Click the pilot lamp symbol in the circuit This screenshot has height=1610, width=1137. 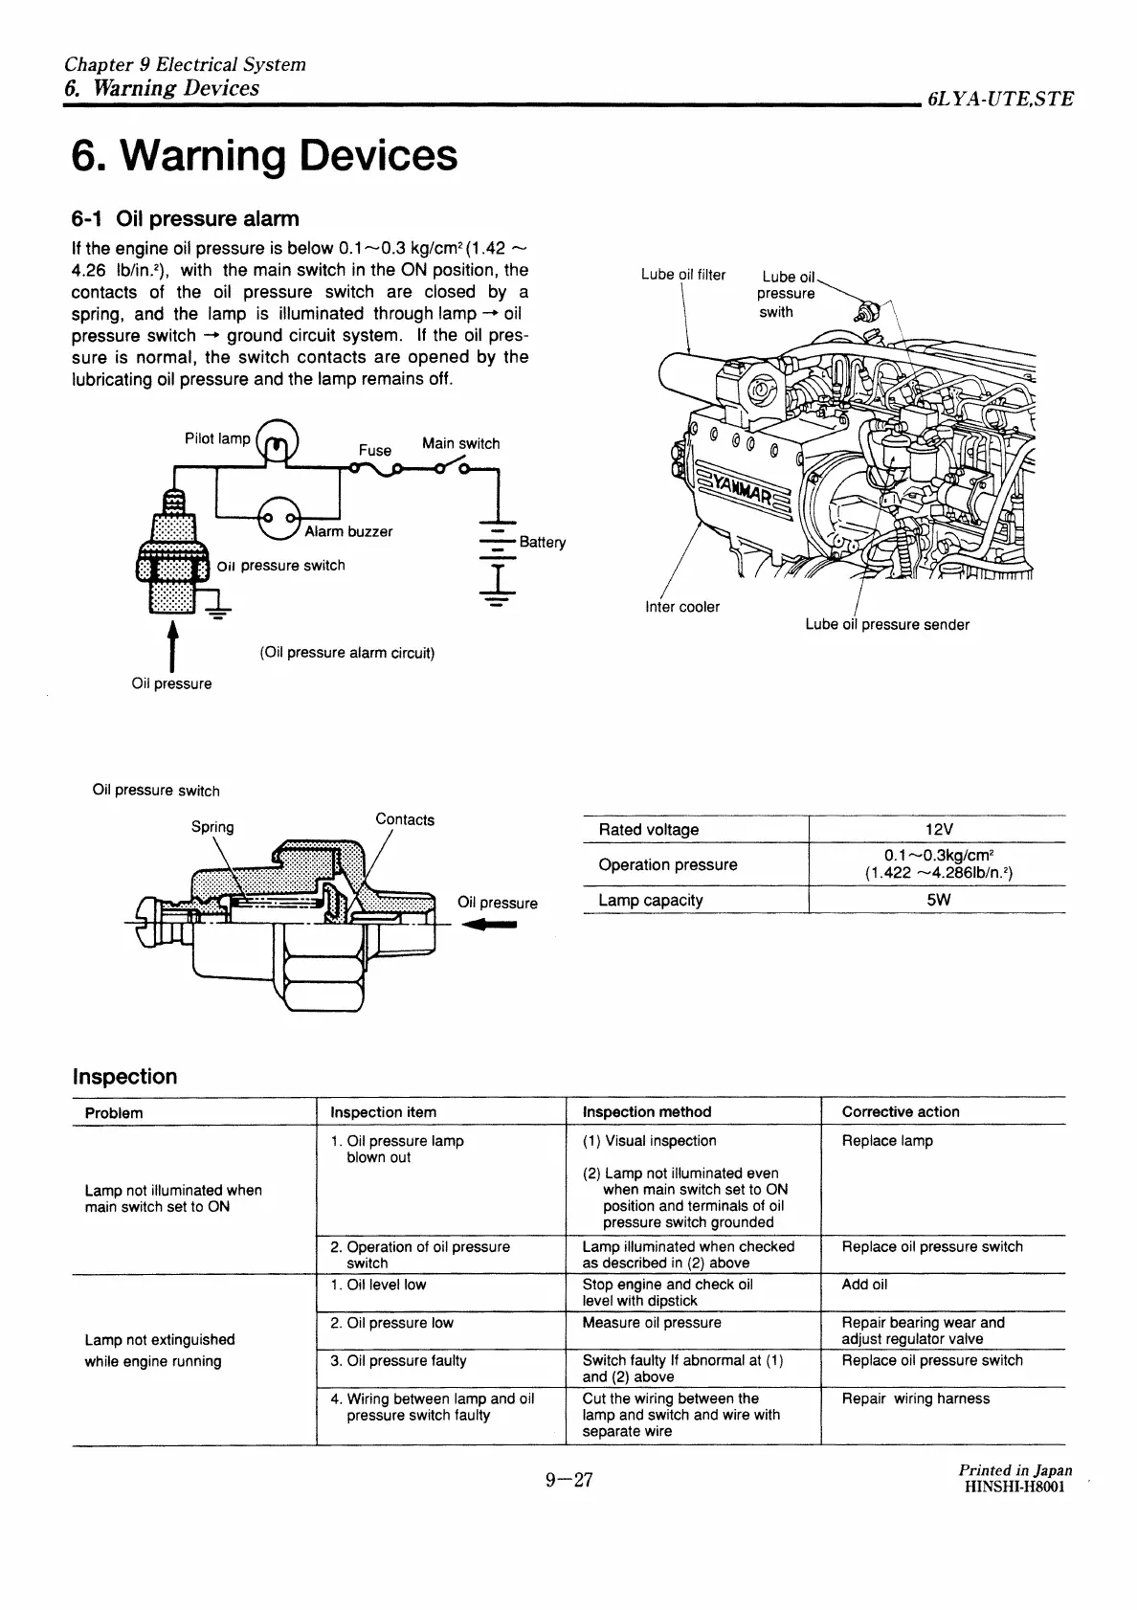coord(279,441)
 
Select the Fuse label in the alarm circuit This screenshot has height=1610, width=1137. coord(375,450)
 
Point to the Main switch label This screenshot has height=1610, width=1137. coord(460,443)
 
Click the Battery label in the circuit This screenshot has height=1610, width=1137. coord(543,542)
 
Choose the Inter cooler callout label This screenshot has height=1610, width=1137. coord(682,607)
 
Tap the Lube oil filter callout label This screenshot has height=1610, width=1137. coord(683,275)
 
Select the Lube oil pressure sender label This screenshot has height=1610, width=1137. coord(887,625)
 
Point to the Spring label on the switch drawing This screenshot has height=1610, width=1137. coord(212,827)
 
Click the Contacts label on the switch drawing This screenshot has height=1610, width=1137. coord(405,819)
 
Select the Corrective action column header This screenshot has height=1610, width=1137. coord(901,1111)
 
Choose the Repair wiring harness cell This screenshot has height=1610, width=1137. coord(916,1398)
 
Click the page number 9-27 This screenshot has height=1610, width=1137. coord(569,1480)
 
